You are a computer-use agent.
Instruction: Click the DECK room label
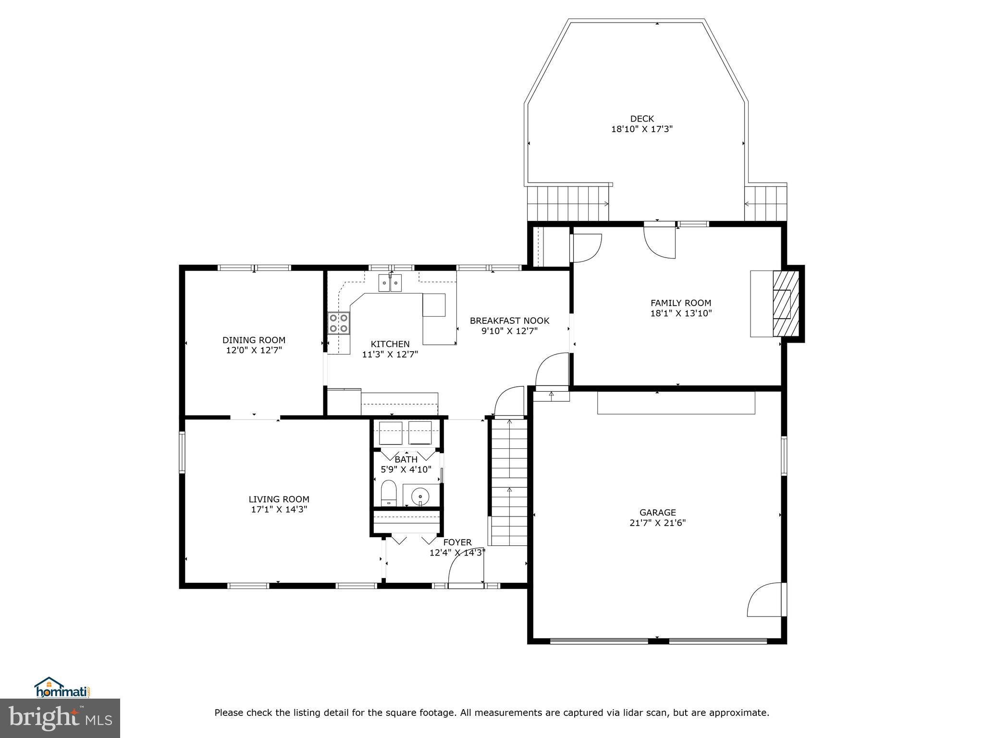pos(642,119)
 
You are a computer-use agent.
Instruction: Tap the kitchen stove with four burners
pos(338,323)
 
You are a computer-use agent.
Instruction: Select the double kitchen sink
pos(390,283)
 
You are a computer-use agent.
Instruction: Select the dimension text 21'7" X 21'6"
pos(657,523)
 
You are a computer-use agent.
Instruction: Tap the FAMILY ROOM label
pos(680,303)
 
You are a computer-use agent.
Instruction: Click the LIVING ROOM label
pos(279,499)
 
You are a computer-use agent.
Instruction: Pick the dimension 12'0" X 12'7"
pos(254,350)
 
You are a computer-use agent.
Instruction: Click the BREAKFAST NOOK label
pos(509,320)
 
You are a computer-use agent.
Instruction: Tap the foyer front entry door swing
pos(465,572)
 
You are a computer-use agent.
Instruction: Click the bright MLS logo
pos(60,718)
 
